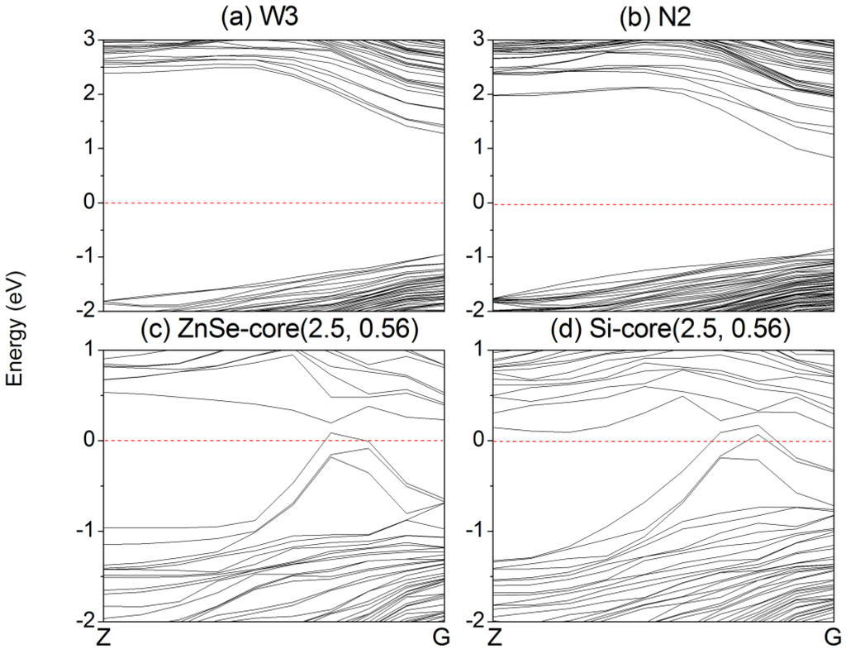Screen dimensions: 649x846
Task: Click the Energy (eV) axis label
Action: click(x=14, y=328)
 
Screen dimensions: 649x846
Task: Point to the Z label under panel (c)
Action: click(x=102, y=637)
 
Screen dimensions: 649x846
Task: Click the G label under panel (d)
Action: click(x=834, y=637)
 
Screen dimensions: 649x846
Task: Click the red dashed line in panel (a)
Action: click(x=273, y=203)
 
